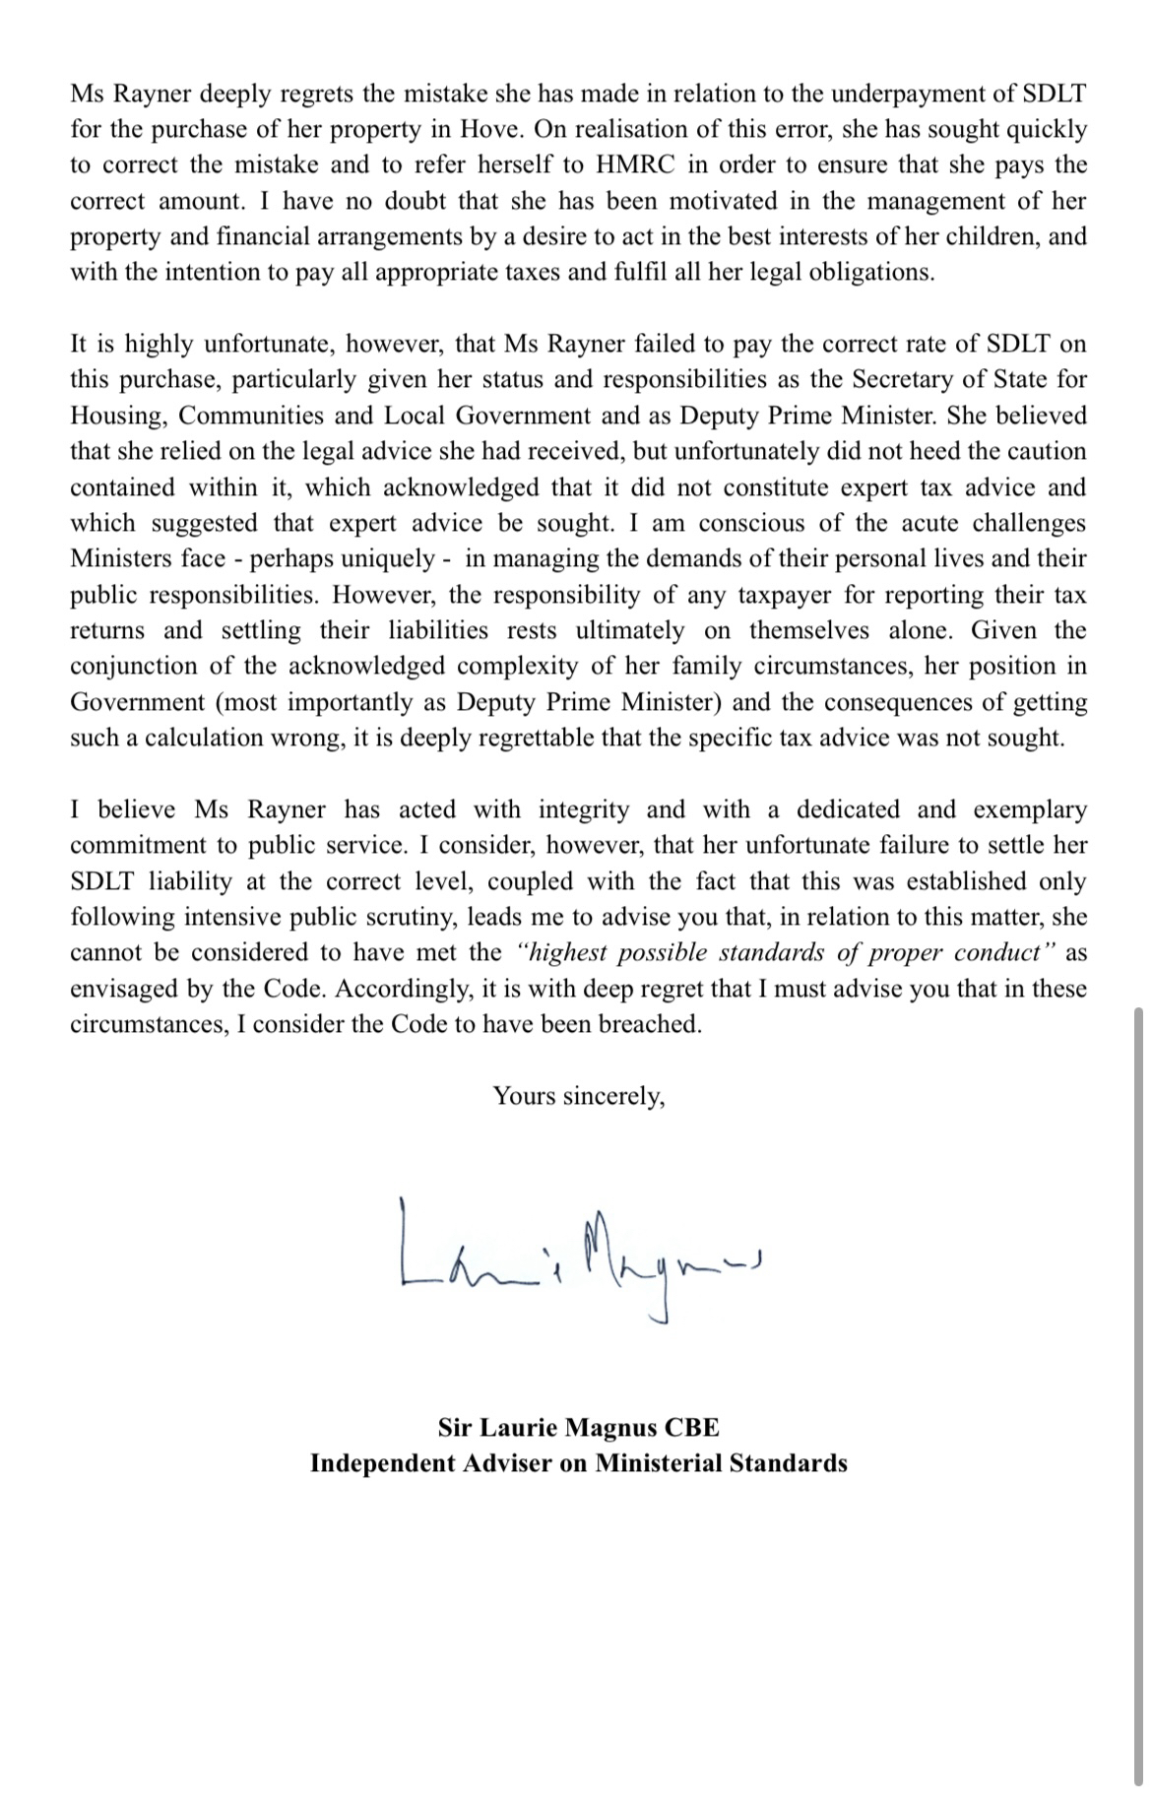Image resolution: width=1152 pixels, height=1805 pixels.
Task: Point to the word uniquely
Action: [x=390, y=558]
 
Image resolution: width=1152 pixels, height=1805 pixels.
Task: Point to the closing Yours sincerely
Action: [x=579, y=1096]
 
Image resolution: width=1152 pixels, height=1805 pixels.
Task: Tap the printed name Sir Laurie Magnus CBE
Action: [x=579, y=1427]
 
